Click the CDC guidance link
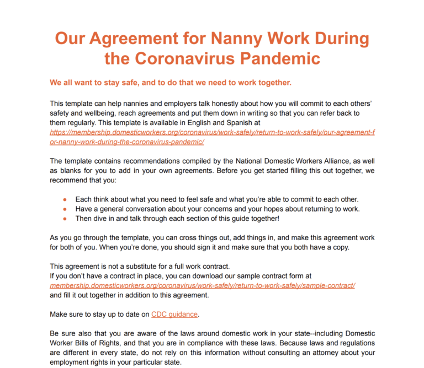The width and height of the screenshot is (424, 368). click(x=174, y=314)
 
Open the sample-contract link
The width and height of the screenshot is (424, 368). click(x=202, y=285)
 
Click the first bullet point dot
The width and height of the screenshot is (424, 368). click(x=65, y=199)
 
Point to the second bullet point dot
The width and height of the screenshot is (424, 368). click(x=65, y=209)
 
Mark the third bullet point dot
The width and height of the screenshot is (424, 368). click(x=65, y=219)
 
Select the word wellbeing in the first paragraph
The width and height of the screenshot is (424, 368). click(x=104, y=113)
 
